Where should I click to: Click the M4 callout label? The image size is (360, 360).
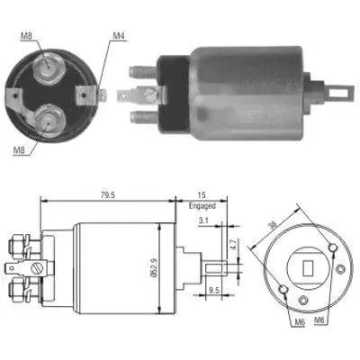coord(118,36)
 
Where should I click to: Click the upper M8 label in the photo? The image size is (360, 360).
coord(26,36)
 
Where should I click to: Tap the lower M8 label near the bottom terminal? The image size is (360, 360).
coord(19,150)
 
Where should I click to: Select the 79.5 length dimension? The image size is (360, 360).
coord(108,195)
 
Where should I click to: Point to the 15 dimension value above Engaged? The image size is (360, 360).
coord(202,195)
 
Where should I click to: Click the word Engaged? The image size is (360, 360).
coord(202,206)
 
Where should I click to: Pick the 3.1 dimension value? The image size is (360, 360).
coord(203,220)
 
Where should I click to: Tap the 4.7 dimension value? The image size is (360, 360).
coord(235,245)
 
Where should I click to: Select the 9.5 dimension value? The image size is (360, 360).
coord(214,290)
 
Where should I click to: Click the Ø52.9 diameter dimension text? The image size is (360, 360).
coord(152,267)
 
